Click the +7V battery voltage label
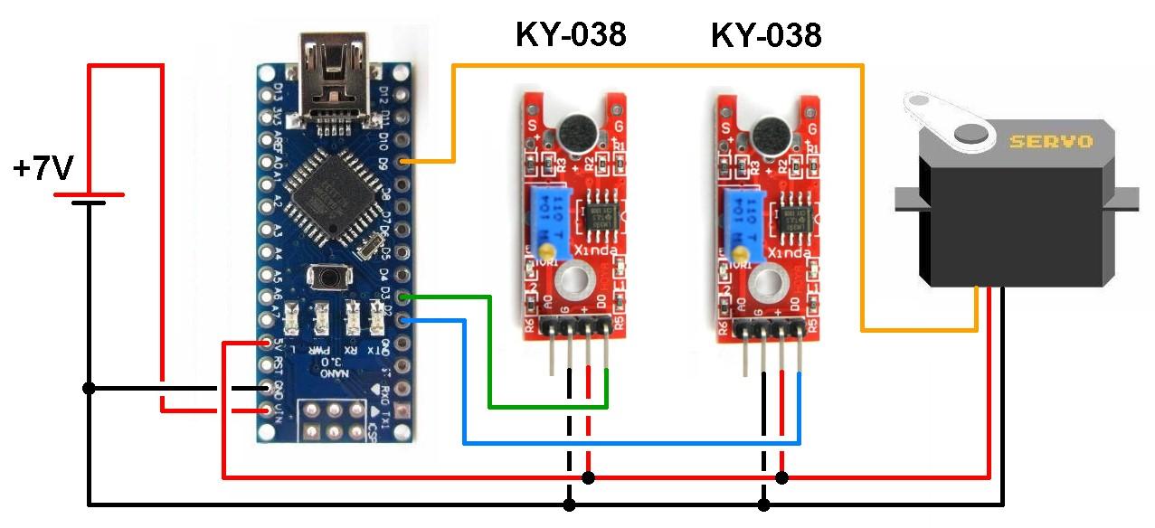43,168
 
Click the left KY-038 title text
570,35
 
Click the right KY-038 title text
765,35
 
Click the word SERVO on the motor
1050,142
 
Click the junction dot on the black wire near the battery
89,388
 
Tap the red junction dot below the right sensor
783,477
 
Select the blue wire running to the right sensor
633,443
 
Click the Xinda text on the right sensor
785,252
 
